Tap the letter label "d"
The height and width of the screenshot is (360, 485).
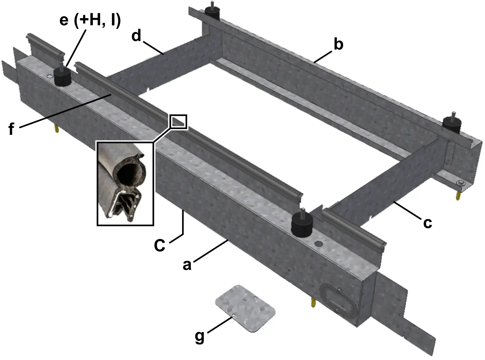pyautogui.click(x=137, y=36)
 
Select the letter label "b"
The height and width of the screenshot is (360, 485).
pyautogui.click(x=338, y=44)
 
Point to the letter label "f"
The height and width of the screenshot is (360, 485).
pyautogui.click(x=11, y=129)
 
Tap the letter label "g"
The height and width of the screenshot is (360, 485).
pyautogui.click(x=199, y=337)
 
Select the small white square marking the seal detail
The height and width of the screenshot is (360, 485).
pyautogui.click(x=178, y=122)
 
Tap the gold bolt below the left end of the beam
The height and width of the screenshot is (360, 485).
pyautogui.click(x=57, y=129)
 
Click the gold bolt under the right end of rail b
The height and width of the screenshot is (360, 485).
pyautogui.click(x=459, y=194)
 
